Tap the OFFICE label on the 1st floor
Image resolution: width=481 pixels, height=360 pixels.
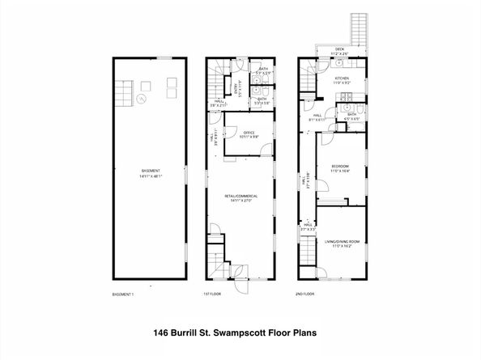248,133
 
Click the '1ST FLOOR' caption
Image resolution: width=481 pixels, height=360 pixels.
212,294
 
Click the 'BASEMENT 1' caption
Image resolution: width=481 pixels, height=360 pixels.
122,294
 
